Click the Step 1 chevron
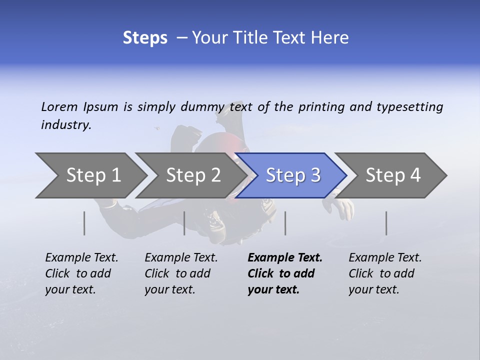click(93, 175)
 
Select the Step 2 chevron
click(193, 175)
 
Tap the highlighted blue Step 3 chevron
click(292, 175)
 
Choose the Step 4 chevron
click(393, 175)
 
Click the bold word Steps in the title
click(145, 37)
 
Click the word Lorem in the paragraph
click(59, 106)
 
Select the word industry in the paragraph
click(65, 125)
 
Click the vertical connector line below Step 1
click(84, 223)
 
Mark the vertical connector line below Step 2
click(184, 223)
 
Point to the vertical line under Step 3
click(285, 223)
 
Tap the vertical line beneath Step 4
click(386, 223)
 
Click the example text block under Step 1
click(81, 273)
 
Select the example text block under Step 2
click(181, 273)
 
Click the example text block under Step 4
click(385, 273)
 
